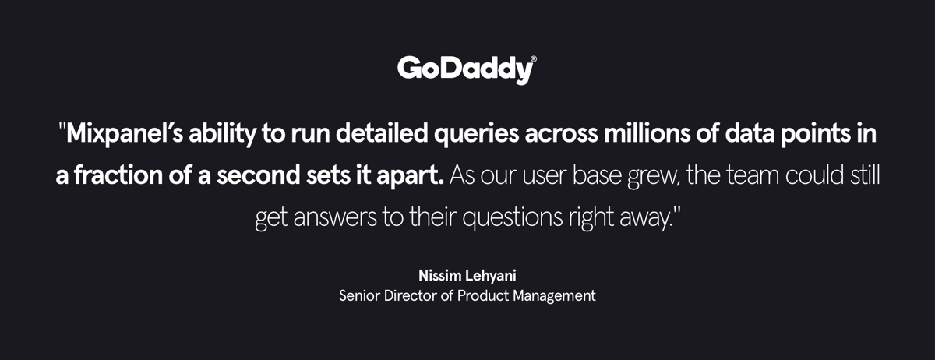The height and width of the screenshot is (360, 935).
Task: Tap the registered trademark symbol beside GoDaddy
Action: (533, 58)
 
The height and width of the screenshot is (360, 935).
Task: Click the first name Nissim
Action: (439, 277)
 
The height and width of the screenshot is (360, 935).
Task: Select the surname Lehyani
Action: (492, 277)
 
